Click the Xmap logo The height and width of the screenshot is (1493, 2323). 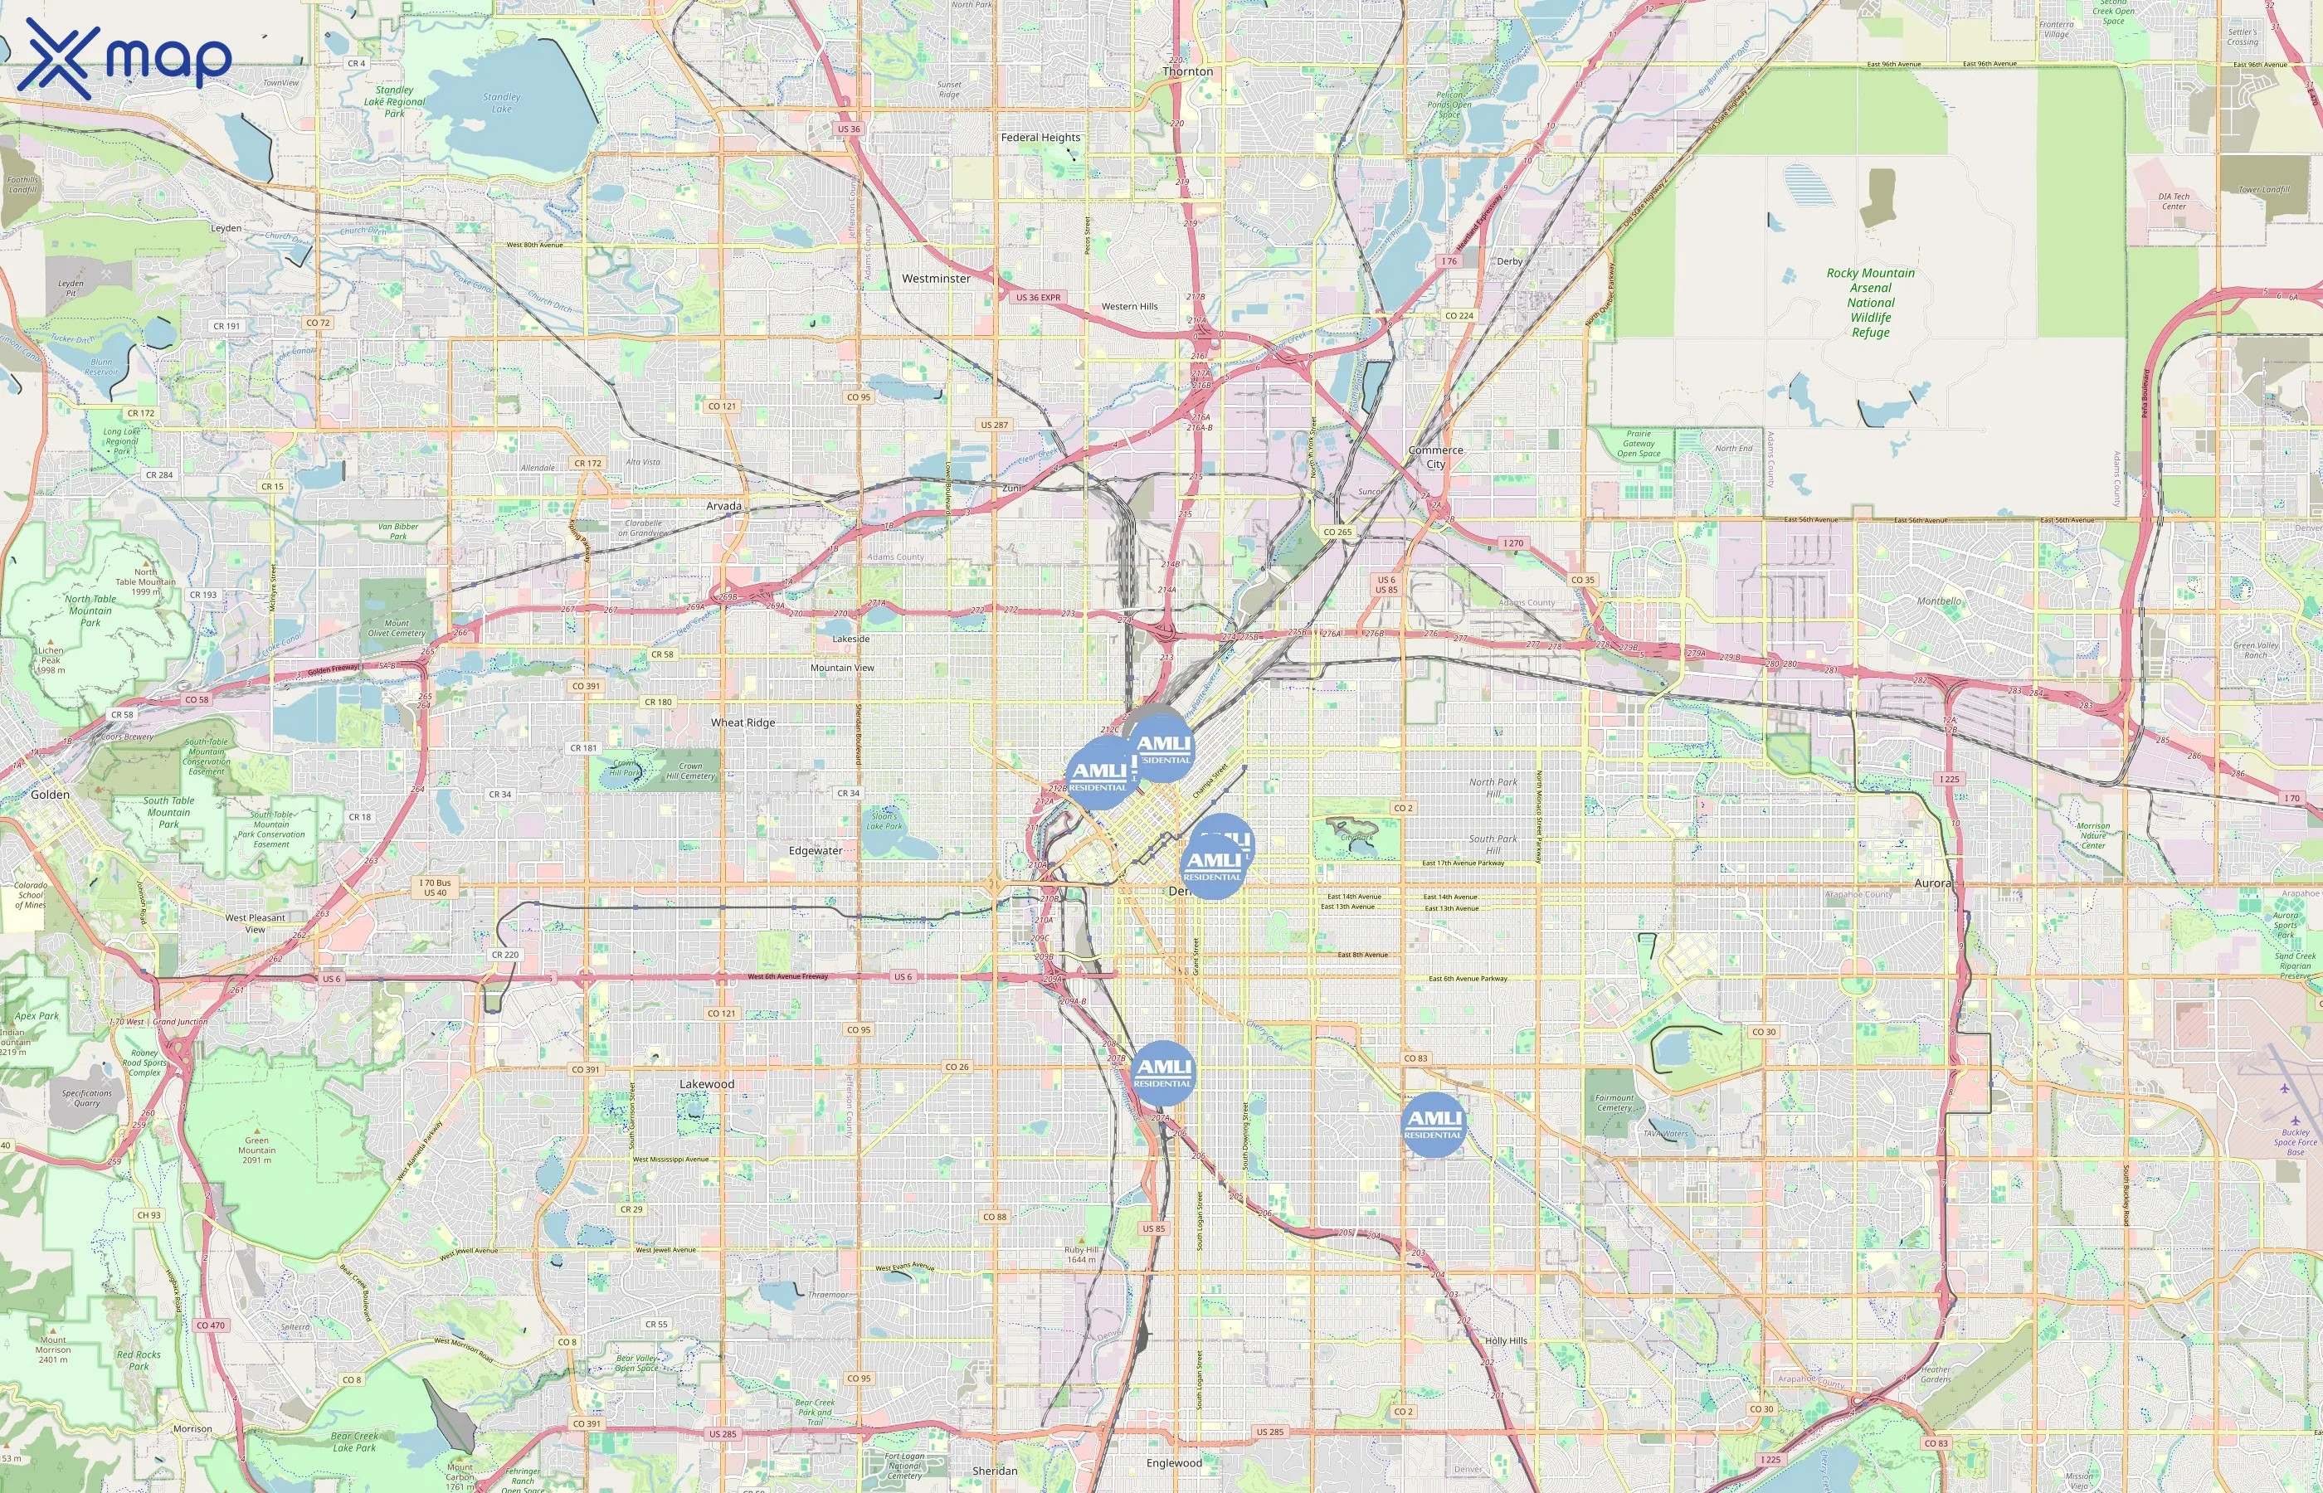point(124,58)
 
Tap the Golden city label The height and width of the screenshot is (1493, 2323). point(50,794)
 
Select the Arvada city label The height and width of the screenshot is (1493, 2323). point(723,506)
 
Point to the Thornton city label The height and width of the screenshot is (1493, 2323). point(1188,71)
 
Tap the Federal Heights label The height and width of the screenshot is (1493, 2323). point(1040,138)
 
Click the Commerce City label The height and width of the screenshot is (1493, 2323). point(1436,457)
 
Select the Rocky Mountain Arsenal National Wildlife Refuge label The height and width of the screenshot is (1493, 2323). point(1870,303)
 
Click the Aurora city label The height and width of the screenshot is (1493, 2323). point(1932,883)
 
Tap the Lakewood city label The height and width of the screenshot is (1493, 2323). point(707,1084)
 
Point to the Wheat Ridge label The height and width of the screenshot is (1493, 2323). point(743,722)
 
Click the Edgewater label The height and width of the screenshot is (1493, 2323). point(816,851)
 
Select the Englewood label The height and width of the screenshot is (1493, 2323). point(1174,1463)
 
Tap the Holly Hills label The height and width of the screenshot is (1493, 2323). point(1506,1340)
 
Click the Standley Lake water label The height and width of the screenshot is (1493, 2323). point(501,103)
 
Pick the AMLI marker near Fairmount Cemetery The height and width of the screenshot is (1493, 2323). point(1433,1125)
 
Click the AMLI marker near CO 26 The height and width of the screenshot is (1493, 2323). point(1162,1072)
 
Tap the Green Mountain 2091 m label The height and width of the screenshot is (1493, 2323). point(257,1150)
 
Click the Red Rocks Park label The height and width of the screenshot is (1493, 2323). point(139,1360)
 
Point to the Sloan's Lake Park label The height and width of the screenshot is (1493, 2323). point(884,821)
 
